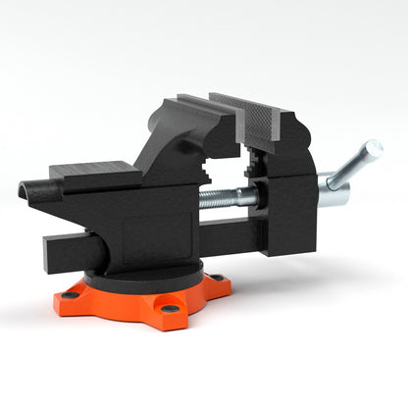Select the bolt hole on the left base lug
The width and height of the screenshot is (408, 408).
pyautogui.click(x=71, y=294)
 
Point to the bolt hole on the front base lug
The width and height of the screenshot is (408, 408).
pyautogui.click(x=170, y=310)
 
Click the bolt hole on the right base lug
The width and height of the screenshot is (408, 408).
pyautogui.click(x=218, y=278)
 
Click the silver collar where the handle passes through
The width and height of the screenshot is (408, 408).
pyautogui.click(x=331, y=190)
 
